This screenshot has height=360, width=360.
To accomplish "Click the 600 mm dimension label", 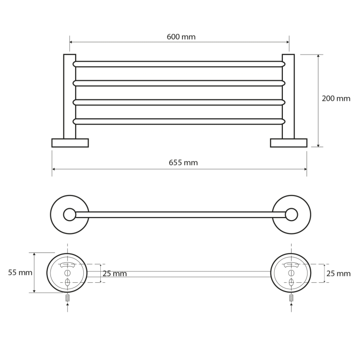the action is click(181, 37).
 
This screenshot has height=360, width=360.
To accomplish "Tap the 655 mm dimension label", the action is click(183, 163).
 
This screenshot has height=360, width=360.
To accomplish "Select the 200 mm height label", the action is click(336, 99).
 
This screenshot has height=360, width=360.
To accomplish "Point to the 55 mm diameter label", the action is click(20, 273).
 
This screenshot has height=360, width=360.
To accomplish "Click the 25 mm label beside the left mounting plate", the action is click(115, 274).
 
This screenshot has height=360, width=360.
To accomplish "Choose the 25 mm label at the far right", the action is click(338, 274).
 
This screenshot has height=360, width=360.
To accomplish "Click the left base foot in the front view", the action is click(70, 143).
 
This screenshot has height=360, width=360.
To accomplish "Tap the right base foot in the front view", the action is click(289, 143).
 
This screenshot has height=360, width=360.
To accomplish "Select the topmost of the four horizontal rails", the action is click(179, 64).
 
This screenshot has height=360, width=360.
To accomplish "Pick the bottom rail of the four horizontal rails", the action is click(179, 121).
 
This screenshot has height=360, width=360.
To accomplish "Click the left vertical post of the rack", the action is click(69, 97).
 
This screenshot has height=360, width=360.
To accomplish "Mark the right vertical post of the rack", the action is click(288, 97).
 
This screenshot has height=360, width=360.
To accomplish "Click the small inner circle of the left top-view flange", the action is click(69, 214).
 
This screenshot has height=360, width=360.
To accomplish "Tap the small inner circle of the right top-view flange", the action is click(292, 214).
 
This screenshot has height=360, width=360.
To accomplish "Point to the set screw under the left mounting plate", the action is click(67, 298).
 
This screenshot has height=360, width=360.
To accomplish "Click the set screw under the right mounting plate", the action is click(292, 298).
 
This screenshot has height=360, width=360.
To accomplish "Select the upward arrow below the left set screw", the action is click(67, 307).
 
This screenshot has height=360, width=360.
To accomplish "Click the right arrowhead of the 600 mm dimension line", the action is click(287, 42).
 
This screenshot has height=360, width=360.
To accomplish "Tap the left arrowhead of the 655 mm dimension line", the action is click(53, 169).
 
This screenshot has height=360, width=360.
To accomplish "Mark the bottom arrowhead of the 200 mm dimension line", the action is click(318, 145).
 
